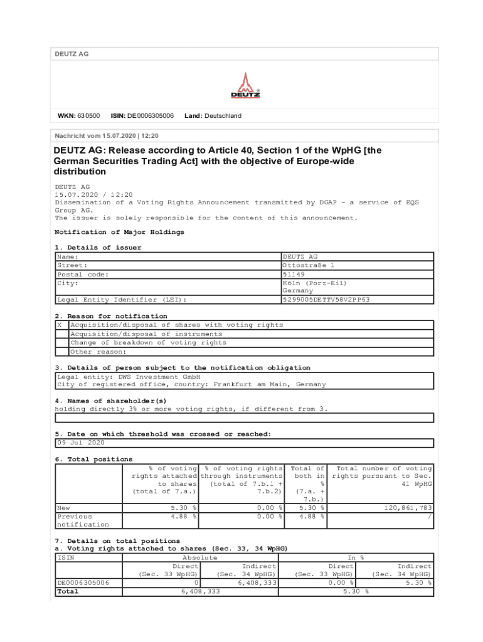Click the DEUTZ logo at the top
[245, 86]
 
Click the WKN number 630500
[88, 116]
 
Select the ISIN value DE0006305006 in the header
[151, 116]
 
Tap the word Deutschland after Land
[222, 116]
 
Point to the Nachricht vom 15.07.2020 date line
[107, 135]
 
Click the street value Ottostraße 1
[309, 266]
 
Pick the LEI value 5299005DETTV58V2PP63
[326, 300]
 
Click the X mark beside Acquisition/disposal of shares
[60, 325]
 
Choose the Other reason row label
[98, 352]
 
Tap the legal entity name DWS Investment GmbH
[159, 377]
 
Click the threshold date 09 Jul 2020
[81, 443]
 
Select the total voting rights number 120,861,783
[408, 508]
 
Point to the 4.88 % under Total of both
[311, 517]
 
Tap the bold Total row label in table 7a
[68, 591]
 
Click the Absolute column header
[199, 557]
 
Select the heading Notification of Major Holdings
[119, 232]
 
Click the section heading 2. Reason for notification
[111, 316]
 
